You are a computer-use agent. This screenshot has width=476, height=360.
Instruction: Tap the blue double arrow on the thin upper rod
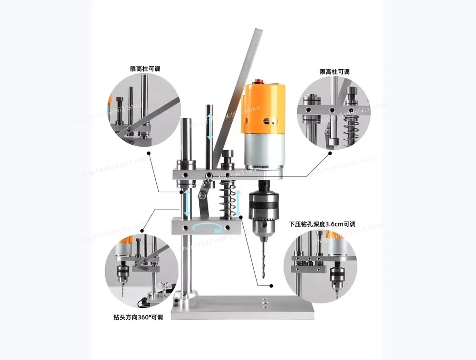point(210,126)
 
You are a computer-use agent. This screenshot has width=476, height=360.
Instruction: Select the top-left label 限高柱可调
point(145,69)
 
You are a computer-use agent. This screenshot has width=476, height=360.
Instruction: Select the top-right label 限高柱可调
point(335,72)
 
